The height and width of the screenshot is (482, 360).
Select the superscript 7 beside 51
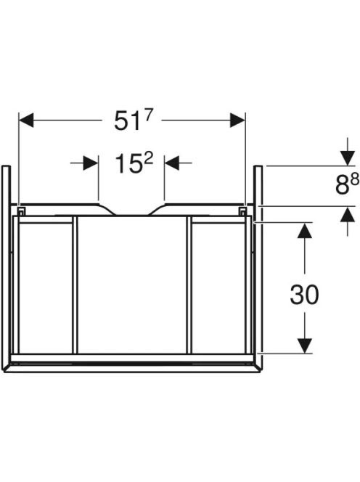149,115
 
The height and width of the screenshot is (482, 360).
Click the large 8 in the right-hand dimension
342,186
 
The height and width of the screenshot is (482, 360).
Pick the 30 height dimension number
304,295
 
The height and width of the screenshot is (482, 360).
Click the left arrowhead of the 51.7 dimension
26,120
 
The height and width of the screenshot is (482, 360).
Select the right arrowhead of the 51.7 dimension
237,120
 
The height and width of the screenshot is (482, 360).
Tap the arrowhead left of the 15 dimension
91,163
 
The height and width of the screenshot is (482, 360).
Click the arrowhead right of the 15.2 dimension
172,163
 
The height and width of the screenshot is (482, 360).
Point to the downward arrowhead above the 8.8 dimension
348,158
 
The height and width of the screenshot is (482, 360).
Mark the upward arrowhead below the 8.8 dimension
348,214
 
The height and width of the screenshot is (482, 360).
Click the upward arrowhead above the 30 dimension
304,230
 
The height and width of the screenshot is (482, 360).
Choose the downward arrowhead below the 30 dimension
304,346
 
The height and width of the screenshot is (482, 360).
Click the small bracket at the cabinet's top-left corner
20,211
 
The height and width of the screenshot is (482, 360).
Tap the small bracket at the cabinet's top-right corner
242,211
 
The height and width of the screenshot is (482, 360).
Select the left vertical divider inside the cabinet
75,285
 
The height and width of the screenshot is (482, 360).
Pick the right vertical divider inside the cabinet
189,285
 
